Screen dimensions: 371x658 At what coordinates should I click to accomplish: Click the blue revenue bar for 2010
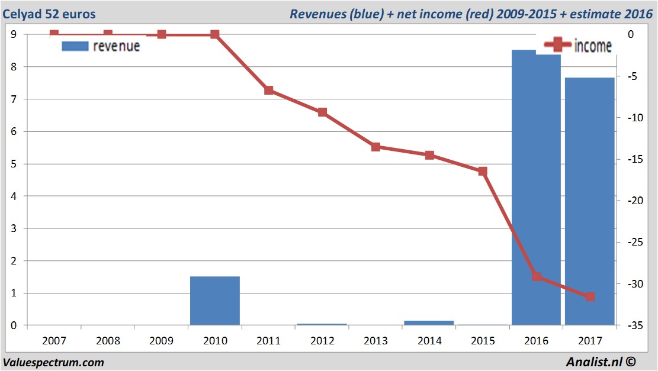pos(215,301)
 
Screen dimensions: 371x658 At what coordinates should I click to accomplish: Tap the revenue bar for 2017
pos(590,201)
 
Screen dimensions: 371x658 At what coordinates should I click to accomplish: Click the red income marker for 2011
pos(269,91)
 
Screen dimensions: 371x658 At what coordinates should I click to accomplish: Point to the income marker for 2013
pos(376,147)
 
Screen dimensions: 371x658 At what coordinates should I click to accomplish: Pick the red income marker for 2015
pos(483,172)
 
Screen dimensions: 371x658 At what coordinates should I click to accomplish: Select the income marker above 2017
pos(590,296)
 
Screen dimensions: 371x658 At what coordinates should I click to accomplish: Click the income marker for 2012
pos(322,112)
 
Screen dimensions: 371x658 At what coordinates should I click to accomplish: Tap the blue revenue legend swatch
pos(75,46)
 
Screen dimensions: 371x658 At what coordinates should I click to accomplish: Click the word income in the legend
pos(593,46)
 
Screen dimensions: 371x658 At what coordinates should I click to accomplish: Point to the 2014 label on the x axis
pos(429,341)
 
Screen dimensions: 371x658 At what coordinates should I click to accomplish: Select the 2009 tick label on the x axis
pos(162,341)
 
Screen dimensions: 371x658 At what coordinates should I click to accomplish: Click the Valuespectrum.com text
pos(53,362)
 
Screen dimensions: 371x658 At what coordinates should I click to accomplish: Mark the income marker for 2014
pos(429,155)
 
